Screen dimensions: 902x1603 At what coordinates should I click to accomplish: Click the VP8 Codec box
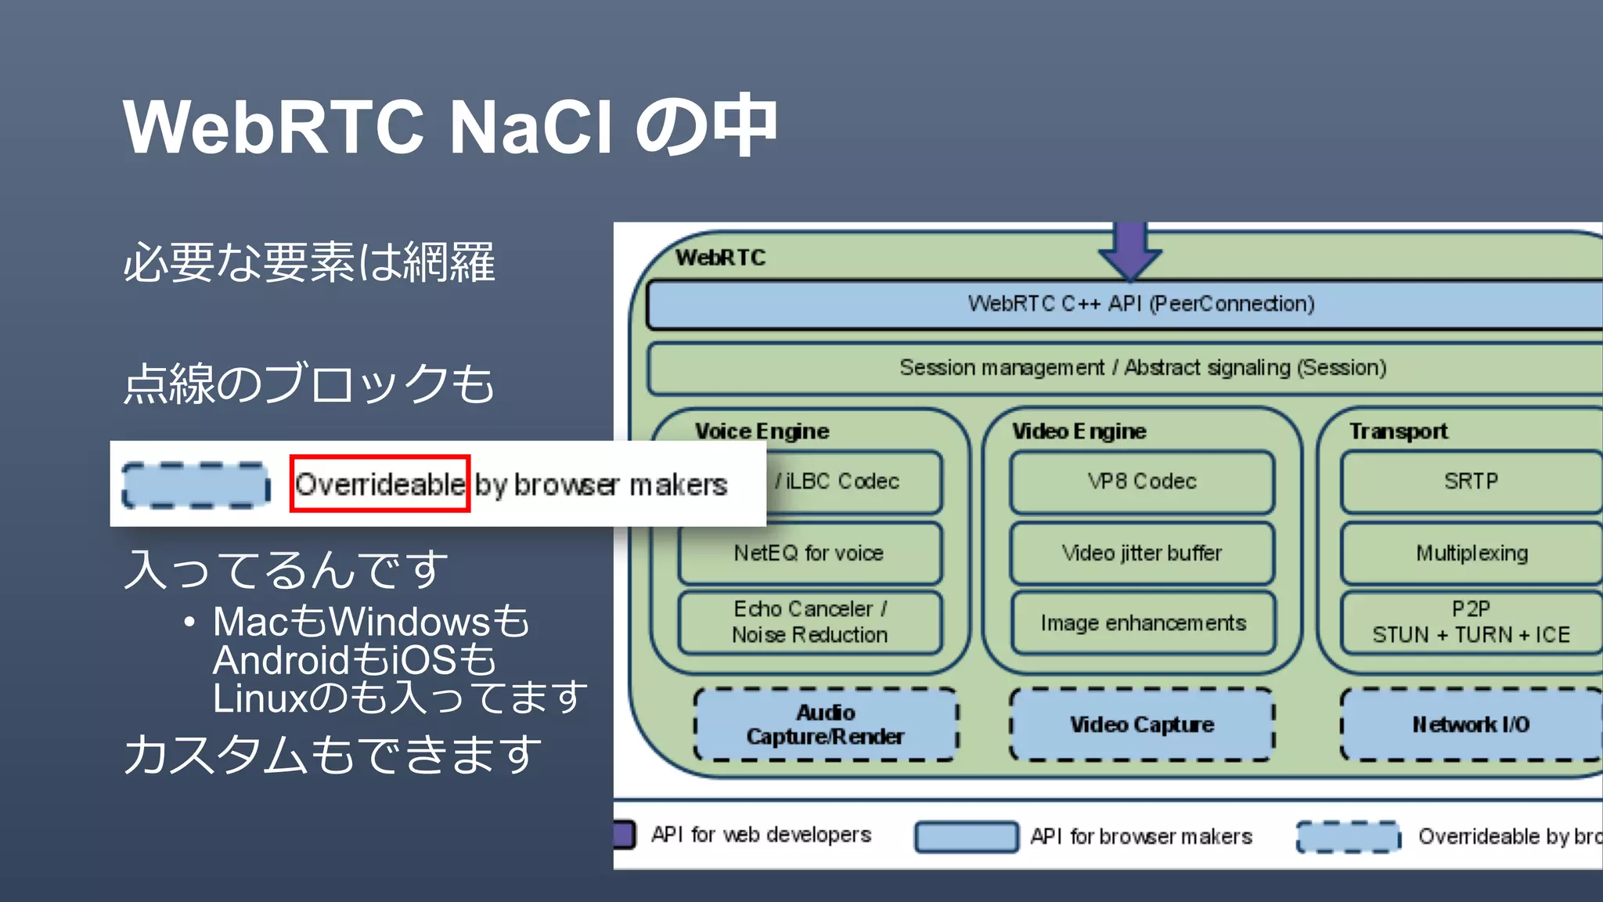[1142, 482]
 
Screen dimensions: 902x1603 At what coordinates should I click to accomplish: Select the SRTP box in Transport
[1472, 482]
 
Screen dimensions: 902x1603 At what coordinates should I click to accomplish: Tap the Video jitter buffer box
[1142, 553]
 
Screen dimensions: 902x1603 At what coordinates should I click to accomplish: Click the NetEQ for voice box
[809, 553]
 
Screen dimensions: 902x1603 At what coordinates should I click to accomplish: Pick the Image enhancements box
[1143, 623]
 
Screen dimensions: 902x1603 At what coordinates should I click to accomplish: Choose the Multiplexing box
[1472, 553]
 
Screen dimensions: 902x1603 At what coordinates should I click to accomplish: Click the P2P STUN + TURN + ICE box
[1472, 622]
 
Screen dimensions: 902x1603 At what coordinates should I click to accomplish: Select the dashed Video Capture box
[1142, 724]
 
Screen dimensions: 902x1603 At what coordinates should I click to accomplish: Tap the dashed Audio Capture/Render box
[826, 724]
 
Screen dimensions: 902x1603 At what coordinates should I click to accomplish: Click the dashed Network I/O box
[1472, 724]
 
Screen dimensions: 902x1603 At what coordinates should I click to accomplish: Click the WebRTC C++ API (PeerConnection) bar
[1141, 304]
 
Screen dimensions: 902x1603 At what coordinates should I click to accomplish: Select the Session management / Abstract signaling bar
[1143, 367]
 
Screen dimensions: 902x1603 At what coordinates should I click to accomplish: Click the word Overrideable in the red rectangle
[380, 485]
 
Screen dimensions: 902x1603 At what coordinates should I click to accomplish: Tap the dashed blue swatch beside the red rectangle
[196, 485]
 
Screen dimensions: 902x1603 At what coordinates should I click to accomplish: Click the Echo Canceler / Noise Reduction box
[809, 622]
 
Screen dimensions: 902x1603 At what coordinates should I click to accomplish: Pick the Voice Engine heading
[762, 431]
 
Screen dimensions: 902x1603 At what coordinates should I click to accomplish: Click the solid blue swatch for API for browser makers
[967, 836]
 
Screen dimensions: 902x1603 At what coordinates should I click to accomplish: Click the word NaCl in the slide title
[531, 127]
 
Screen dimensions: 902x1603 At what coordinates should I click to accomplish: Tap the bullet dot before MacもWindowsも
[189, 623]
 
